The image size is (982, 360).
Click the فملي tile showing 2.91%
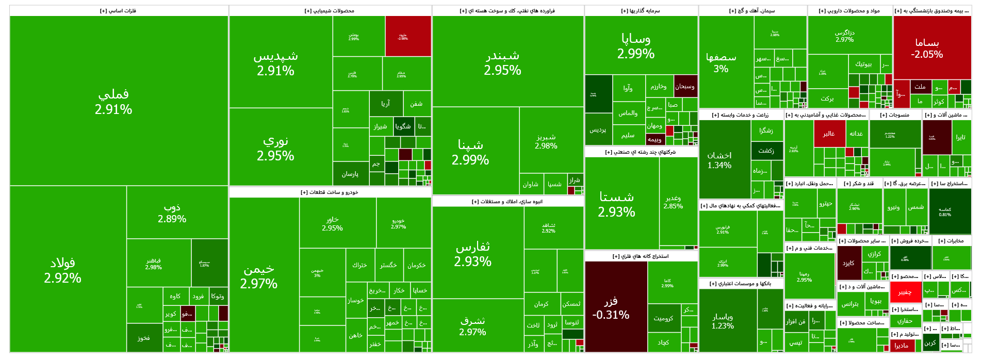coord(113,101)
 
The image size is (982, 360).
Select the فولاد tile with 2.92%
coord(62,270)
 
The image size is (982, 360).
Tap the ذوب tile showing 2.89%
coord(172,212)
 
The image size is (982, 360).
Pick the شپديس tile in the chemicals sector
coord(275,63)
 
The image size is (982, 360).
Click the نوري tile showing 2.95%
coord(275,148)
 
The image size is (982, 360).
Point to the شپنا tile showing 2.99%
coord(470,152)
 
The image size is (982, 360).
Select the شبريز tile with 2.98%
coord(546,141)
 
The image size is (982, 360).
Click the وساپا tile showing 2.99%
coord(635,45)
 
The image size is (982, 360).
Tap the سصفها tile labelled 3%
coord(721,62)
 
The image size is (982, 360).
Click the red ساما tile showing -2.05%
coord(927,48)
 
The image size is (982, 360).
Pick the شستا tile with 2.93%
coord(616,204)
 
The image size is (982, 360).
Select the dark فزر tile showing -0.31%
coord(611,307)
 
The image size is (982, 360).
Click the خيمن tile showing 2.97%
coord(258,276)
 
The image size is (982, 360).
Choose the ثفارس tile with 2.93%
coord(472,254)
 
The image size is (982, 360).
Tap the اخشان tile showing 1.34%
coord(719,160)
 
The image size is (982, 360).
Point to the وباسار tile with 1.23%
coord(723,321)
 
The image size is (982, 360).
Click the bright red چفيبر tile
coord(905,292)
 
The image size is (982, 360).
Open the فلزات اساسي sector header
coord(118,11)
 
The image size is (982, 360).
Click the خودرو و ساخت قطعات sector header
coord(330,192)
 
